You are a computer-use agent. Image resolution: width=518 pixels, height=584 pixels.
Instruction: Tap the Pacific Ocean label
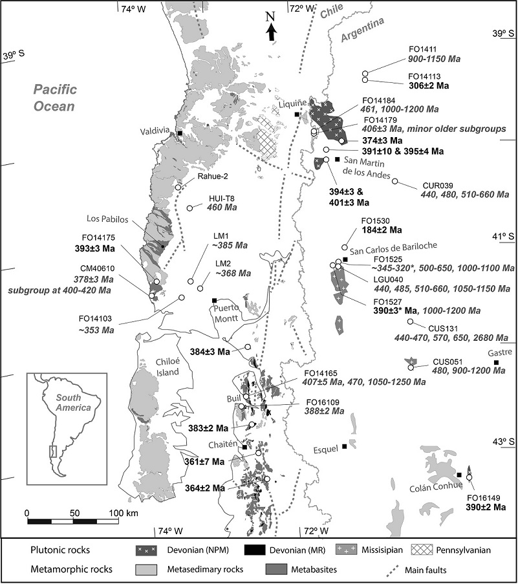point(55,98)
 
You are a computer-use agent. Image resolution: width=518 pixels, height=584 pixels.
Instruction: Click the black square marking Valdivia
point(180,133)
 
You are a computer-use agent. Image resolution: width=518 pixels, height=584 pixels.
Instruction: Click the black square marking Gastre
point(496,362)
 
